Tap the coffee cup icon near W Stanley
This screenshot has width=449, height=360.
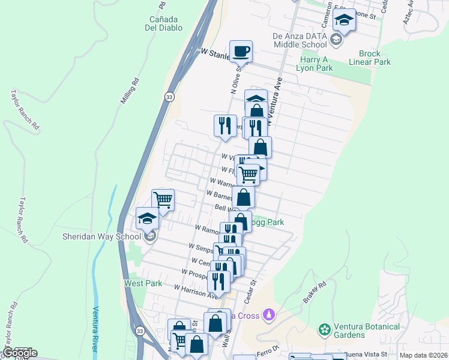pyautogui.click(x=241, y=52)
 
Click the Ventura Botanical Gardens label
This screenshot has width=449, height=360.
pyautogui.click(x=367, y=331)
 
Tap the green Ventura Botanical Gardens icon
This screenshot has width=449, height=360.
pyautogui.click(x=325, y=329)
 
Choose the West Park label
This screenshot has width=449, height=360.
pyautogui.click(x=134, y=283)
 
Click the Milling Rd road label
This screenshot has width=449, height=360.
pyautogui.click(x=130, y=91)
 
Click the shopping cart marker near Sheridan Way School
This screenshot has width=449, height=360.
pyautogui.click(x=163, y=200)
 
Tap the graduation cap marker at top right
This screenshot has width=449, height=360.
pyautogui.click(x=344, y=21)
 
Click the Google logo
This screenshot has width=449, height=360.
pyautogui.click(x=19, y=353)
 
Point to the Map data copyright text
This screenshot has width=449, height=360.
pyautogui.click(x=424, y=355)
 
